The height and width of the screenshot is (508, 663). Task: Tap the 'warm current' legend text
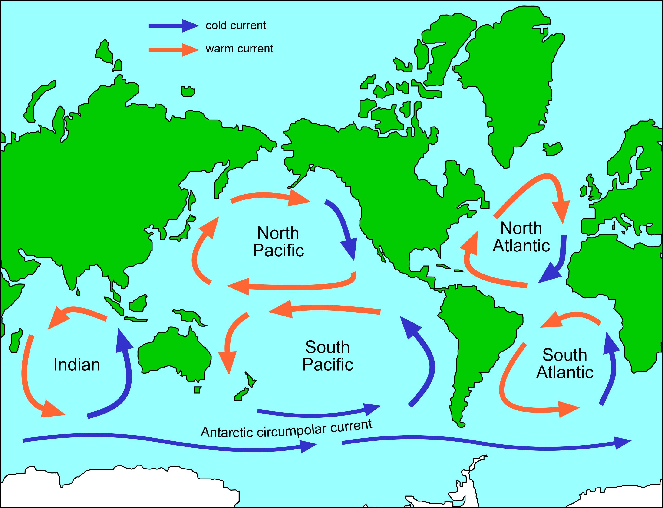[x=239, y=49]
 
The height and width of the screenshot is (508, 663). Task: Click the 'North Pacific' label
[x=278, y=242]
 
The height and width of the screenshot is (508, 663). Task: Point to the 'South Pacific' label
[x=327, y=356]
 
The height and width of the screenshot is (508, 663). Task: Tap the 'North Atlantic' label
[x=521, y=237]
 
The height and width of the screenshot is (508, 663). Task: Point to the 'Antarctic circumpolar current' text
[x=286, y=428]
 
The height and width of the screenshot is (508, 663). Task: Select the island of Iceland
[x=553, y=149]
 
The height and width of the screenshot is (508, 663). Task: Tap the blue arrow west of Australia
[x=124, y=372]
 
